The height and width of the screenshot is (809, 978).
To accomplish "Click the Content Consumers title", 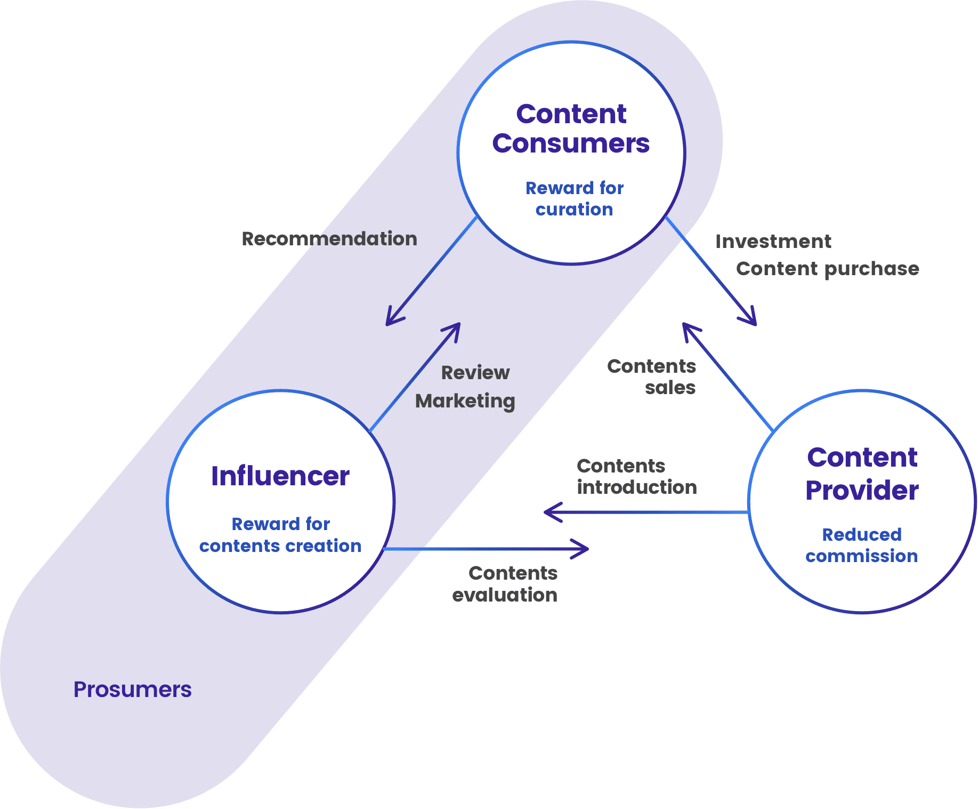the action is (571, 129).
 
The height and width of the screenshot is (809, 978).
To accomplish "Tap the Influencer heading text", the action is (280, 476).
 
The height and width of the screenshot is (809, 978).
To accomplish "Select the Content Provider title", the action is (862, 474).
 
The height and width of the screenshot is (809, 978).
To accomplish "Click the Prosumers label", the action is (132, 689).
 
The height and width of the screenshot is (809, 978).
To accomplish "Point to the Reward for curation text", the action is (575, 198).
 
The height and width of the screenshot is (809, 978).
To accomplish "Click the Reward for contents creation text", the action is (280, 535).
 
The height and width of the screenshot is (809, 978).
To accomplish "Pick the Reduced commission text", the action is (862, 545).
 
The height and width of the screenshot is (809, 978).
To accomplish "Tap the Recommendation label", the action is (329, 238).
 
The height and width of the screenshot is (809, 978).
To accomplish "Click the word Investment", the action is (773, 241).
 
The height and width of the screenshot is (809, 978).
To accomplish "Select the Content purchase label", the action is (828, 269).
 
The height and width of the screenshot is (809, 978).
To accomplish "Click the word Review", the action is (475, 372).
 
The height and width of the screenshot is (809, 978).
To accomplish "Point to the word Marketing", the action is (465, 401).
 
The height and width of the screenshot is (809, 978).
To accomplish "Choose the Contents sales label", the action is (651, 377).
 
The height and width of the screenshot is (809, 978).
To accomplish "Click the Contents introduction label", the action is (637, 476).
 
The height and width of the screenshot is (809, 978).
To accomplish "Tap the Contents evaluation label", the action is (505, 584).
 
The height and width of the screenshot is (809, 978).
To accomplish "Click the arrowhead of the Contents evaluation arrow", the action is (587, 549).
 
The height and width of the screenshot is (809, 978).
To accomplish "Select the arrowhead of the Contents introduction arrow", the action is (545, 512).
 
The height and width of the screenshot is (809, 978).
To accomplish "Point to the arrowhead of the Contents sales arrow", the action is (684, 324).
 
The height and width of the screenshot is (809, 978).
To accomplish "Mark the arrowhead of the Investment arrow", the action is (755, 324).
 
